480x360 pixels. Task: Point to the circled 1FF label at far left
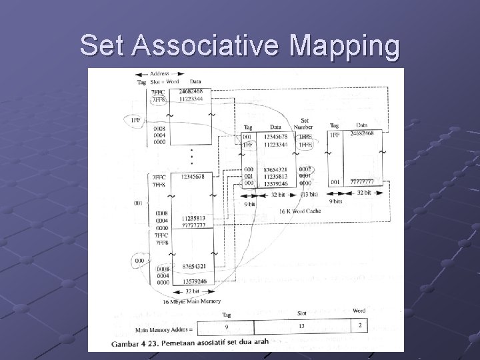135,120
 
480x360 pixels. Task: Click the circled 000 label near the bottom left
140,260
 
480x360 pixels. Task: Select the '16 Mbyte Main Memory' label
191,301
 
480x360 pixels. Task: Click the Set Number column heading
304,125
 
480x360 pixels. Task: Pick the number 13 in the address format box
301,326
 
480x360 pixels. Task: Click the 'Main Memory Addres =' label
164,329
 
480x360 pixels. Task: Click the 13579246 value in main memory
193,282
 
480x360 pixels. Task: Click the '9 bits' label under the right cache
336,200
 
